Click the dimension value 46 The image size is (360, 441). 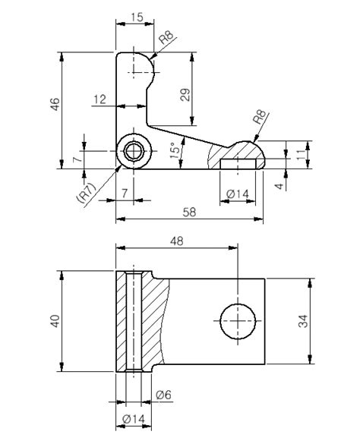click(55, 104)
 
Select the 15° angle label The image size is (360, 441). click(175, 150)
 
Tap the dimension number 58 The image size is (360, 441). click(189, 212)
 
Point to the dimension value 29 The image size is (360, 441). click(185, 94)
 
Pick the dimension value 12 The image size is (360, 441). click(100, 99)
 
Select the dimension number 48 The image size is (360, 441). click(177, 241)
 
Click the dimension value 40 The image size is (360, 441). click(55, 321)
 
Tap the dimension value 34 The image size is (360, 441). click(303, 321)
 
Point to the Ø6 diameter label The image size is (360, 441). click(163, 395)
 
